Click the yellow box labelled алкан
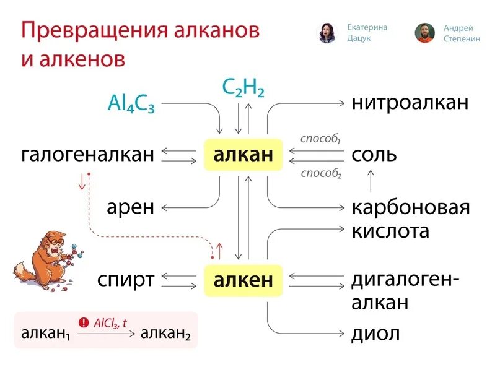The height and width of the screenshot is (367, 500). [243, 155]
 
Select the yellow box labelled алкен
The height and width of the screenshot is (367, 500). [243, 280]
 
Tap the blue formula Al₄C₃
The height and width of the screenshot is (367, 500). [131, 103]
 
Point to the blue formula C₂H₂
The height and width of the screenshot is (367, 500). [243, 89]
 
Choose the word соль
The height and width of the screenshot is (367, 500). [374, 154]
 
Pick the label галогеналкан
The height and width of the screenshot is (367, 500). [87, 155]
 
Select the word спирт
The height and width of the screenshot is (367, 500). [126, 280]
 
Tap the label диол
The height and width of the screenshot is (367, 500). [375, 334]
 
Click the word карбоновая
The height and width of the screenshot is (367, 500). [411, 207]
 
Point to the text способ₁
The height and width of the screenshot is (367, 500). [321, 139]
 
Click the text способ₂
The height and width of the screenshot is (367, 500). [321, 173]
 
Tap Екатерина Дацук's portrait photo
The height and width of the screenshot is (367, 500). [327, 33]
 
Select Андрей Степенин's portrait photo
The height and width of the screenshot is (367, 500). [424, 33]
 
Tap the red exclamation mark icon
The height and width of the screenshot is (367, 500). [84, 322]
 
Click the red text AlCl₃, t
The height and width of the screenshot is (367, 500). [110, 322]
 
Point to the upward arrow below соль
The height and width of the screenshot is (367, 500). [371, 181]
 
